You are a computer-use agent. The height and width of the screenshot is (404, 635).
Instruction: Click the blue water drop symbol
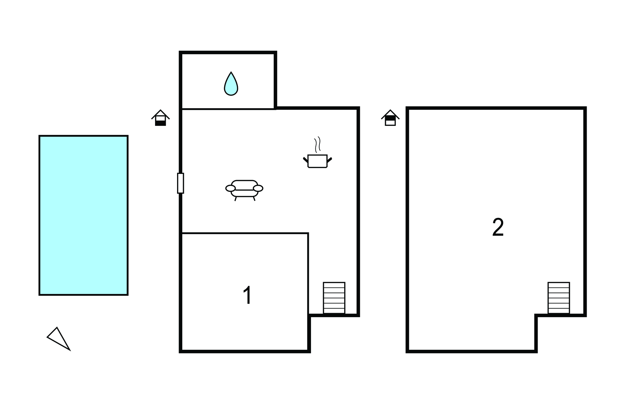coord(231,84)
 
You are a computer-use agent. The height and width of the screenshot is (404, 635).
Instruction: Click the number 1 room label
coord(247,295)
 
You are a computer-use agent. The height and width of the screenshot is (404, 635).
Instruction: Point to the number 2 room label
coord(498,227)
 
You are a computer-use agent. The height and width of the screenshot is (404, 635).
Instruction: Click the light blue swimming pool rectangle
coord(83,215)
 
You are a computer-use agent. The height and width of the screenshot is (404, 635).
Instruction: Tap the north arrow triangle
coord(58,339)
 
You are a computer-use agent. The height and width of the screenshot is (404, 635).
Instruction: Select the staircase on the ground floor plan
coord(334,298)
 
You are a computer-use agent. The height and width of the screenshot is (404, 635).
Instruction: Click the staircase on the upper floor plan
coord(558,298)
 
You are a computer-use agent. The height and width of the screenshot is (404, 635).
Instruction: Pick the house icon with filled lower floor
coord(161,118)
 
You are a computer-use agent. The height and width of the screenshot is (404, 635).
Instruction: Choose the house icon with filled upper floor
coord(390,118)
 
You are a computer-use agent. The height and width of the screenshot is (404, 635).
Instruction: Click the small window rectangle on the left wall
coord(180,183)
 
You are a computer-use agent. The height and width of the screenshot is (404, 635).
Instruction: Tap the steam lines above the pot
coord(317,144)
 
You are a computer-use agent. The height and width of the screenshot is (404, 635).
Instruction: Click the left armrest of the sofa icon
coord(230,188)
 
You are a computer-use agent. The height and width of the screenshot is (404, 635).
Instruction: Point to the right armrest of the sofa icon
coord(258,188)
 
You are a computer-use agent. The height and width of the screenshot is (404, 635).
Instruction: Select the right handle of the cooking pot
coord(329,160)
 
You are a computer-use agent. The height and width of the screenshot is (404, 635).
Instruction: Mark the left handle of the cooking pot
coord(305,160)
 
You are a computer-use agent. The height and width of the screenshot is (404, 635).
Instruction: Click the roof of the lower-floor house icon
coord(161,114)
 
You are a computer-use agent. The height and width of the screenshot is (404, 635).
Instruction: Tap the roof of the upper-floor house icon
coord(390,114)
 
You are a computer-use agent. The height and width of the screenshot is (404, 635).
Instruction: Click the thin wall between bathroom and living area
coord(228,109)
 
